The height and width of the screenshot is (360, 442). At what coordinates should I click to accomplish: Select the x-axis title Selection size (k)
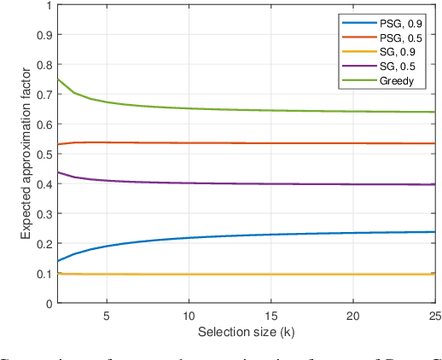pos(247,329)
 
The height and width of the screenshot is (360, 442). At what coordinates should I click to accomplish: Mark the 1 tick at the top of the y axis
pos(51,6)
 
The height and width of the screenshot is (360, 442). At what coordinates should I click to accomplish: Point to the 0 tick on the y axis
pos(51,303)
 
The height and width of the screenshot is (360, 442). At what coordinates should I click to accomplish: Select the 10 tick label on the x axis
pos(189,314)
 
